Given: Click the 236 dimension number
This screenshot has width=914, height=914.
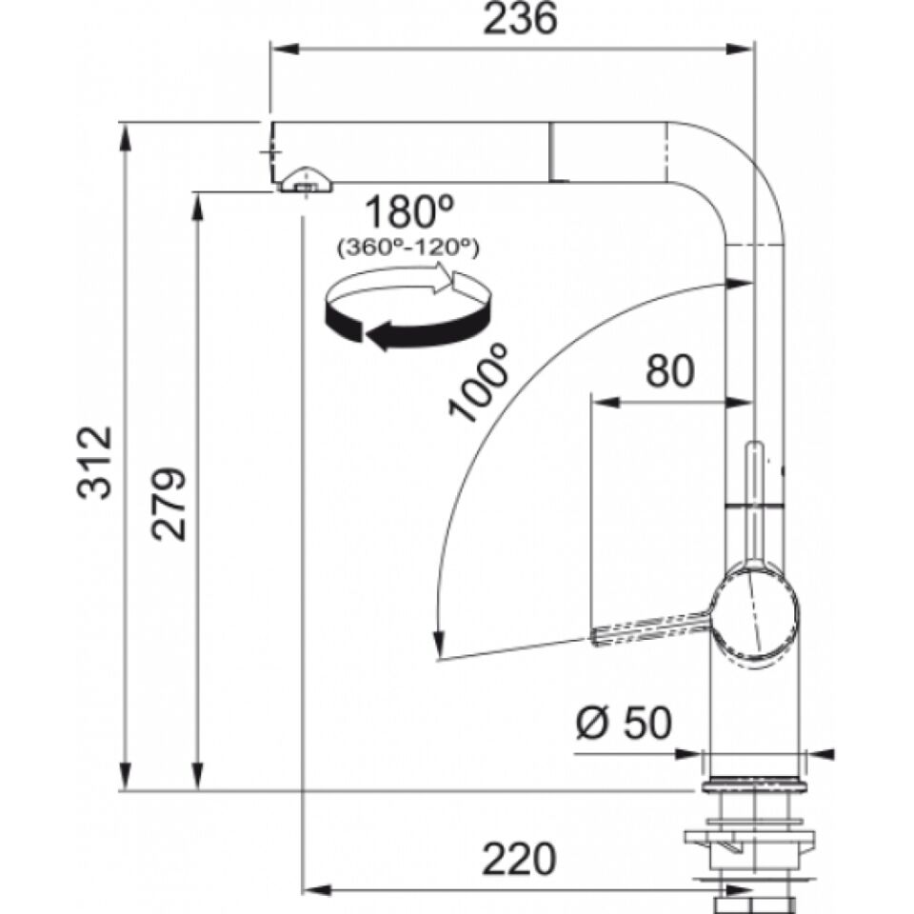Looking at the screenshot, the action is click(x=520, y=18).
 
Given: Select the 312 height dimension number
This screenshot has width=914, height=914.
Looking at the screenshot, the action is click(x=94, y=463).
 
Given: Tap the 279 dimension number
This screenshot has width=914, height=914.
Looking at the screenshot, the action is click(x=169, y=504).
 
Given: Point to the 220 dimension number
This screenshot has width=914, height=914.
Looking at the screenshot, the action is click(x=520, y=859).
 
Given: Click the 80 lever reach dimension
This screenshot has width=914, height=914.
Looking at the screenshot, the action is click(x=669, y=370).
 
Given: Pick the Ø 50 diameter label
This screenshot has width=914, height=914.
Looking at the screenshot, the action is click(x=624, y=724).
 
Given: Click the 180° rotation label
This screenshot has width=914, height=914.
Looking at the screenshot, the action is click(x=408, y=211).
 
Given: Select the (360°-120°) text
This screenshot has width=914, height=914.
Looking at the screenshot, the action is click(x=408, y=248).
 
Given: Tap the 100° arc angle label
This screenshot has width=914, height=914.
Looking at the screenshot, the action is click(x=477, y=384).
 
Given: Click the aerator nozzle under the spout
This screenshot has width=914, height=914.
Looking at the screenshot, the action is click(x=305, y=180).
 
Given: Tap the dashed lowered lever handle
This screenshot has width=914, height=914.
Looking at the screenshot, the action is click(x=650, y=629).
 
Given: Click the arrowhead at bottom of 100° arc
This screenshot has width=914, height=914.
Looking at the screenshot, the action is click(x=437, y=645).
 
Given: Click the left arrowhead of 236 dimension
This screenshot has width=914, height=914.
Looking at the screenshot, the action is click(x=285, y=49).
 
